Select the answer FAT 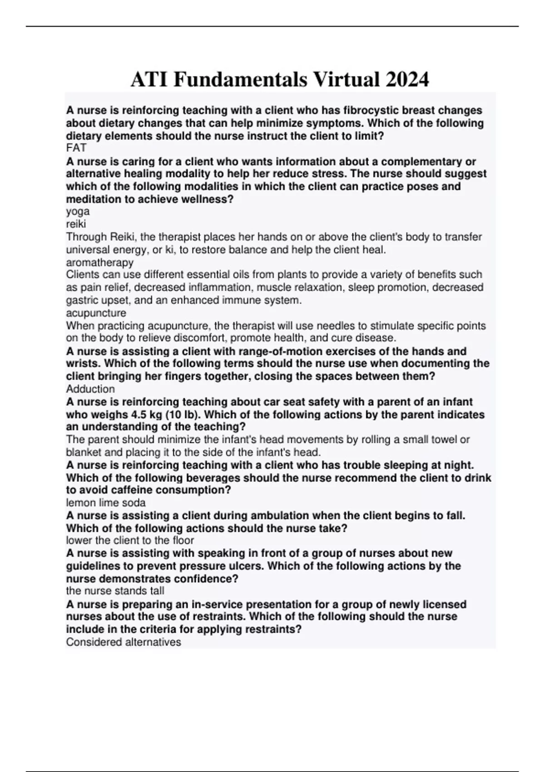(76, 148)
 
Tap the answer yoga (78, 211)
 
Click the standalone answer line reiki (76, 224)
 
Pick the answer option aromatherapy (100, 262)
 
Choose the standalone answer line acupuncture (96, 313)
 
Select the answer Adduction (90, 389)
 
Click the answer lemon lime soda (106, 503)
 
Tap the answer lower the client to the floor (130, 540)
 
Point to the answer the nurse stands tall (115, 591)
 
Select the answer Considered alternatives (124, 642)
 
